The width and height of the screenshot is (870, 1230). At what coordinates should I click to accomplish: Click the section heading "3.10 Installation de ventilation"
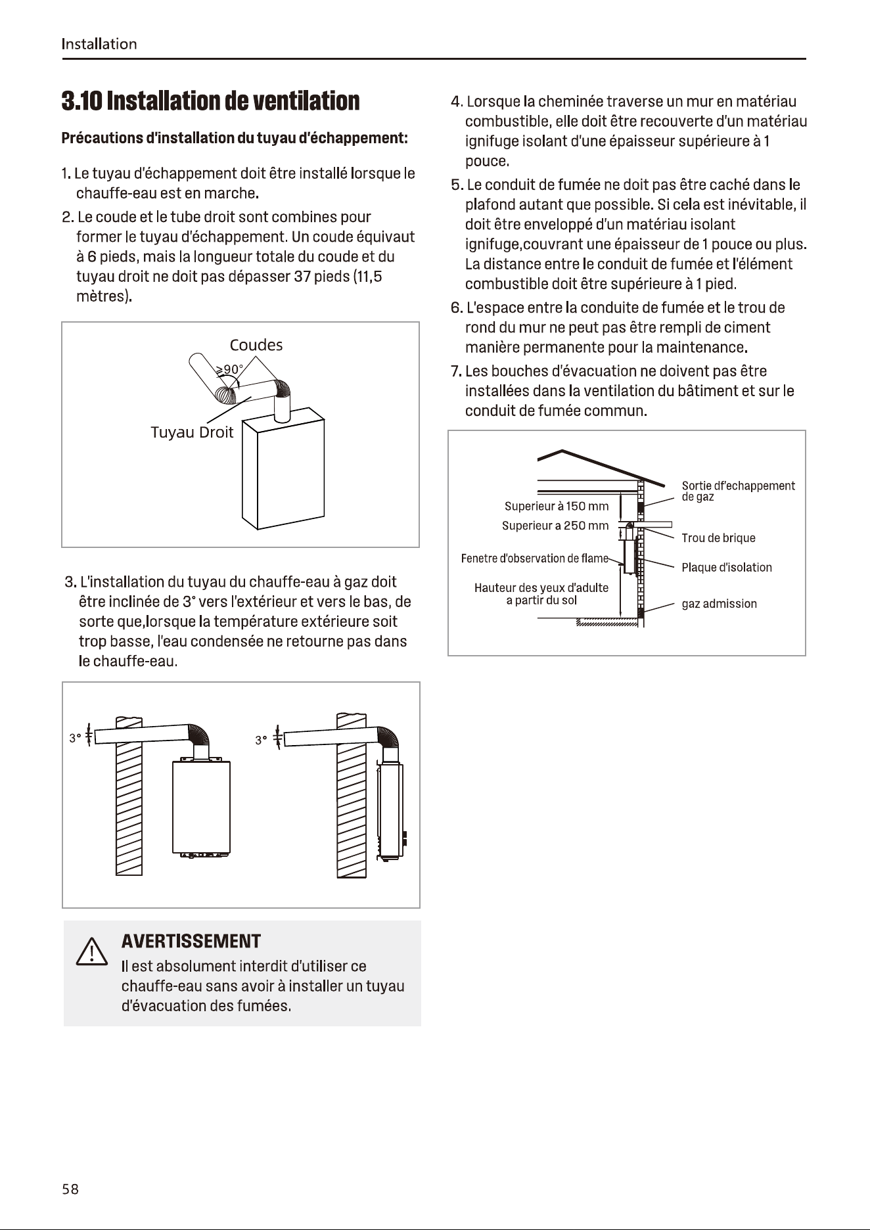[x=210, y=101]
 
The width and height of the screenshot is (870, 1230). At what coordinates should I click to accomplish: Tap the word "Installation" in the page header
[x=99, y=44]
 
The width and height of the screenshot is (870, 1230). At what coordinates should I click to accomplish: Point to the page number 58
[x=70, y=1189]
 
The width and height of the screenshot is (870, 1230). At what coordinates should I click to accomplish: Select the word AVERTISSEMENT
[x=191, y=942]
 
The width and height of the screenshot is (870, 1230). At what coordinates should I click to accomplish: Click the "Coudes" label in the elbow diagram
[x=256, y=345]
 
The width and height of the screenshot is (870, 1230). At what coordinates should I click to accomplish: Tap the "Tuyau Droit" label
[x=192, y=432]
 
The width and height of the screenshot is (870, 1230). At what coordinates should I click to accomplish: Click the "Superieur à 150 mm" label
[x=557, y=506]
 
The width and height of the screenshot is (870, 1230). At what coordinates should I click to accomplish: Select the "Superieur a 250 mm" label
[x=555, y=526]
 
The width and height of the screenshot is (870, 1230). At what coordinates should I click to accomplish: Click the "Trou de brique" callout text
[x=718, y=538]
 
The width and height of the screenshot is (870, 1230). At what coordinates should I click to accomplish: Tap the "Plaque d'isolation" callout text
[x=727, y=568]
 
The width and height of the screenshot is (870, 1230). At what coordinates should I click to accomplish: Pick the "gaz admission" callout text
[x=719, y=604]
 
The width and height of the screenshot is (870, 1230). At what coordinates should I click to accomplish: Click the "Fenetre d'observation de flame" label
[x=535, y=558]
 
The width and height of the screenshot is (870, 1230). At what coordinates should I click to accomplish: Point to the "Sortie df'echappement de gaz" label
[x=738, y=491]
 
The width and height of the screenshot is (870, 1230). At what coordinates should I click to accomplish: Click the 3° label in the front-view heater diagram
[x=75, y=739]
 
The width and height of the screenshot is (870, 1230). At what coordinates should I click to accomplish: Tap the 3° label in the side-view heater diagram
[x=261, y=740]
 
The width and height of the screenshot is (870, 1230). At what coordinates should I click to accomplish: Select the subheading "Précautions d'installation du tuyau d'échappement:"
[x=235, y=138]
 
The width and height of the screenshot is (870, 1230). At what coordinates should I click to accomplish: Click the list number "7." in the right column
[x=456, y=371]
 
